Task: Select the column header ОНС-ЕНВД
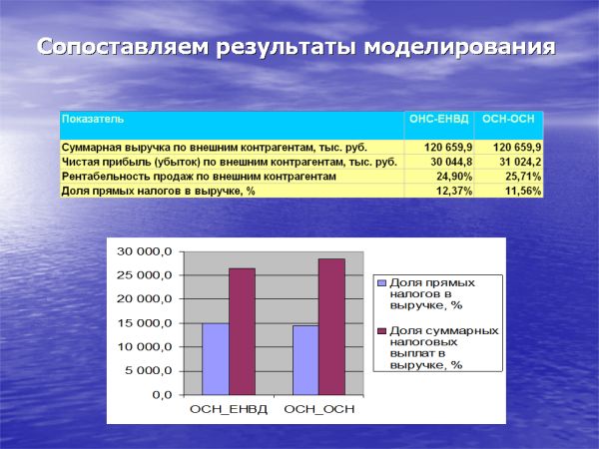[436, 120]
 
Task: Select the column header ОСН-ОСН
[508, 120]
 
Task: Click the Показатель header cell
[93, 120]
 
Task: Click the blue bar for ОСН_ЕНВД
[216, 358]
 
